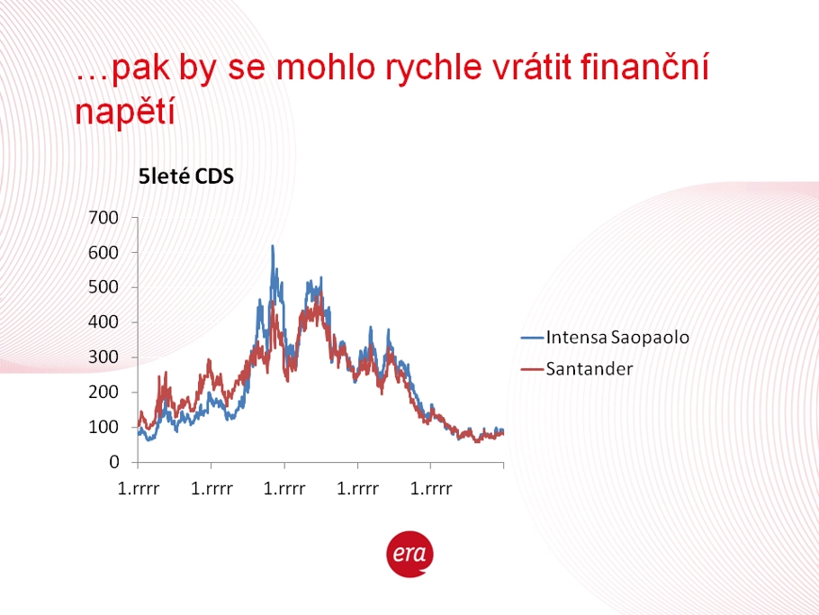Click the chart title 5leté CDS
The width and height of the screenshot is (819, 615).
click(x=186, y=176)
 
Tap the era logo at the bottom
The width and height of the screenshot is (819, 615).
click(x=410, y=554)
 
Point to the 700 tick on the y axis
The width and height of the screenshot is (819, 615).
click(x=103, y=217)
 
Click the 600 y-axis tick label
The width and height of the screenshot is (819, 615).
click(x=103, y=252)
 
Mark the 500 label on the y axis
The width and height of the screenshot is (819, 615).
click(x=103, y=287)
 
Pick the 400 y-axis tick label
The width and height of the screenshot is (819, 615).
click(x=103, y=321)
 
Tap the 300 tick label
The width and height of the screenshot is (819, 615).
click(x=103, y=357)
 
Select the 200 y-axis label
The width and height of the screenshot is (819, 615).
click(x=103, y=392)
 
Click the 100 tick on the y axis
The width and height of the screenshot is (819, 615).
click(x=103, y=427)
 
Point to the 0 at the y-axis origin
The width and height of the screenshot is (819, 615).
click(x=114, y=462)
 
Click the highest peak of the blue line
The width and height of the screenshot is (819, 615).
click(x=273, y=246)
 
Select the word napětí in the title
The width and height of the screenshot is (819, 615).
click(x=125, y=112)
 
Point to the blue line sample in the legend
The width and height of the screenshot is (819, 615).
click(x=532, y=338)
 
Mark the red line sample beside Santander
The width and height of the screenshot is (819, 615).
click(x=532, y=370)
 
